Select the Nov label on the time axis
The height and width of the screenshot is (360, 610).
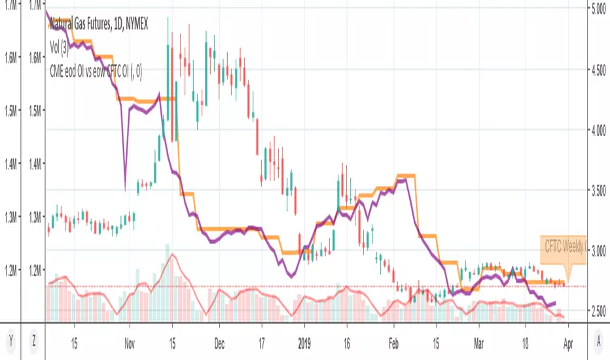pos(129,340)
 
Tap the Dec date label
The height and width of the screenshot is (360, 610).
pos(219,340)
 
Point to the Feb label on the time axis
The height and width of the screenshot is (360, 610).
pos(393,340)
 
